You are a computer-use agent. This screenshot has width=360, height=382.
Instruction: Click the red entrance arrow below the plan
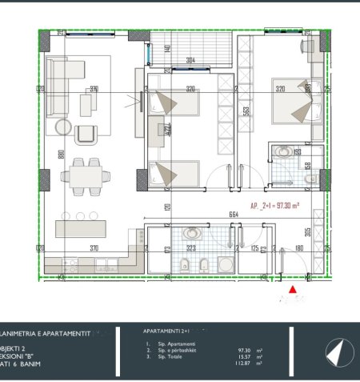click(x=292, y=289)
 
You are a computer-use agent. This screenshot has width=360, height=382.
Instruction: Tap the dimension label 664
click(x=234, y=214)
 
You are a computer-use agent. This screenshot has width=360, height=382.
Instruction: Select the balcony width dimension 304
click(x=190, y=60)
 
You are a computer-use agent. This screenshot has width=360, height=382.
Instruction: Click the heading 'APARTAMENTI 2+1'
click(x=165, y=330)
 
